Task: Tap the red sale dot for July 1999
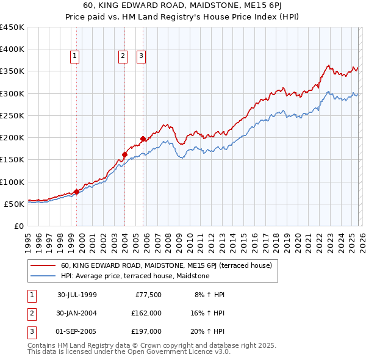point(77,192)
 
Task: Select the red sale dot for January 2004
point(124,154)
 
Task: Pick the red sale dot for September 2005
point(143,139)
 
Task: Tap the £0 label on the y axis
point(19,226)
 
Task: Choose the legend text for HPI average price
point(135,276)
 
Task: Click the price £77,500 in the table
point(146,295)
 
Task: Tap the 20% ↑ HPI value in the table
point(210,331)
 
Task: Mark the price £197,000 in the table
point(146,331)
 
